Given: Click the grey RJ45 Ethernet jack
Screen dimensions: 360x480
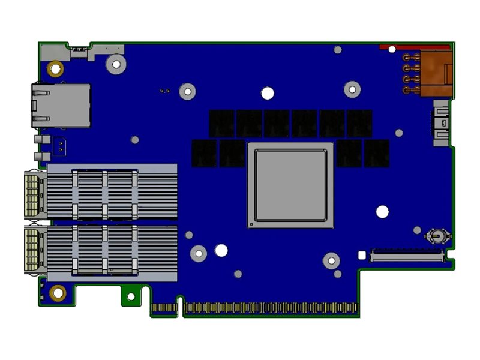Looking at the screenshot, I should [60, 106].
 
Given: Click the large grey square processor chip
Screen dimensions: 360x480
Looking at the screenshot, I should [290, 185].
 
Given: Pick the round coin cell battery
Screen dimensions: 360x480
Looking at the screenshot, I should [436, 236].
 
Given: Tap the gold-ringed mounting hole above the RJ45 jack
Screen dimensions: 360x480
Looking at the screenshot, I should [55, 68].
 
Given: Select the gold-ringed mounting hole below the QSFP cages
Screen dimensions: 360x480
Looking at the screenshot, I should [58, 293].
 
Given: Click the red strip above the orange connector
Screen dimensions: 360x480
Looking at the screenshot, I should [414, 47].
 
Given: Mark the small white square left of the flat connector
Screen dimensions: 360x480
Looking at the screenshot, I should [361, 255].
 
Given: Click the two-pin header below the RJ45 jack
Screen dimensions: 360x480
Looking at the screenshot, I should [61, 145].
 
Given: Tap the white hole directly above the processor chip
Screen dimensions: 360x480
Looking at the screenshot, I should [268, 93].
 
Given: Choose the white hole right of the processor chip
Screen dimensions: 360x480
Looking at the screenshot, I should [382, 211].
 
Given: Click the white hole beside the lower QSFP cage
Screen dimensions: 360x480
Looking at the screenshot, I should [221, 250].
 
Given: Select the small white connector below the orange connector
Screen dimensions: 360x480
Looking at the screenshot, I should [441, 124].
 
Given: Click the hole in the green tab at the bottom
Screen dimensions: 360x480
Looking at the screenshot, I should [130, 296].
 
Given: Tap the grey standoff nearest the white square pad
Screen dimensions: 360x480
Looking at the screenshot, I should [331, 260].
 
